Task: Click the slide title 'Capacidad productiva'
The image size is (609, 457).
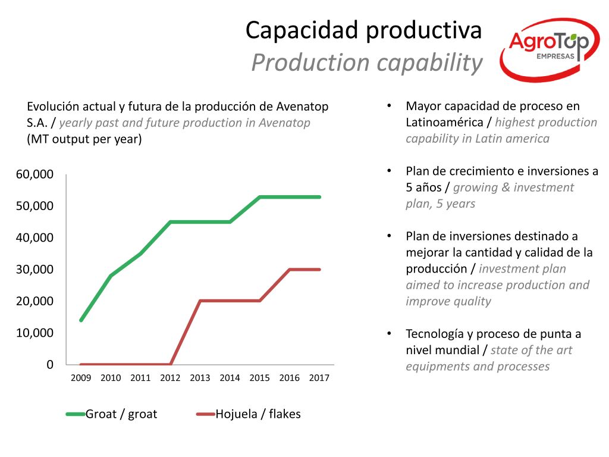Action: tap(363, 30)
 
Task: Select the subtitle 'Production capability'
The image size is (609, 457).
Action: tap(367, 62)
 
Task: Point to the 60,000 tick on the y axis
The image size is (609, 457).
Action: tap(34, 174)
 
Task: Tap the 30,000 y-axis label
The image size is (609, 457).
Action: tap(34, 270)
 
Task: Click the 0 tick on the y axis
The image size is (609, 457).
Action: tap(50, 365)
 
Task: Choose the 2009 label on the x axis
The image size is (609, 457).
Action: tap(81, 378)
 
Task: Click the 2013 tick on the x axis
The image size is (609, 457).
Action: tap(200, 378)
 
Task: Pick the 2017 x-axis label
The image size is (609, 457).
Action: tap(319, 378)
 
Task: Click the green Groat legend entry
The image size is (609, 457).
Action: tap(111, 414)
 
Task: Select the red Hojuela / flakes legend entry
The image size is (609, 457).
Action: tap(249, 414)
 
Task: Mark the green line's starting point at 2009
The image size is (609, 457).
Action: tap(81, 320)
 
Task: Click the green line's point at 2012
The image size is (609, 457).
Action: tap(171, 222)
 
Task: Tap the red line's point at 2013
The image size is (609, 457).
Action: tap(200, 301)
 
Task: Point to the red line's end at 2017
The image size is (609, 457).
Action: tap(319, 270)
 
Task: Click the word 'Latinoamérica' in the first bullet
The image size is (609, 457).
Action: tap(444, 123)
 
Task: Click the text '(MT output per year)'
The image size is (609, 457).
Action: tap(84, 139)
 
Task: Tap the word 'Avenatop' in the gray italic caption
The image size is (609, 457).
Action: tap(284, 123)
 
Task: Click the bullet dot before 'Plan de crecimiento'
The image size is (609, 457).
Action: tap(389, 171)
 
